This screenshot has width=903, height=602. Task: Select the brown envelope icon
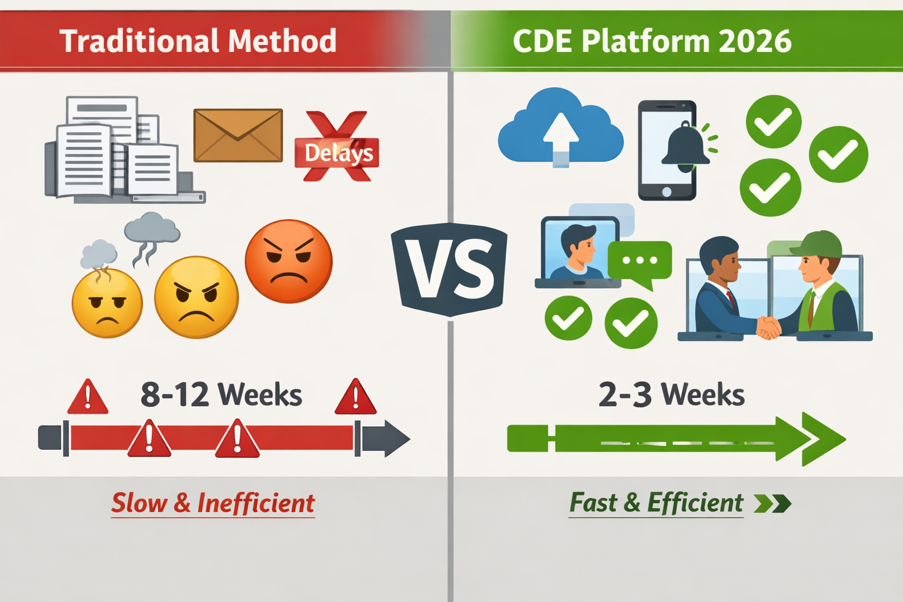pos(238,135)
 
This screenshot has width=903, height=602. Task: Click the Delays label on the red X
pos(338,153)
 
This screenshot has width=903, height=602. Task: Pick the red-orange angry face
pos(289,261)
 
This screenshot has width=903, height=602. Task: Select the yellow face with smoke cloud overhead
pos(107,302)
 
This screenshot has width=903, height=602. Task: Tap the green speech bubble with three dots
pos(640,260)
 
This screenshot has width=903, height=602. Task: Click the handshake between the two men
pos(768,327)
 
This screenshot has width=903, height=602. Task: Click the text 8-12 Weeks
pos(221,394)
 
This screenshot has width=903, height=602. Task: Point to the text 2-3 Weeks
pos(671,394)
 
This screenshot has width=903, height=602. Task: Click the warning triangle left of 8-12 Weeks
pos(88,399)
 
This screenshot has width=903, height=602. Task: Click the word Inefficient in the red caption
pos(256,503)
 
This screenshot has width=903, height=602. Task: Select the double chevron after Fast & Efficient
pos(772,504)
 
